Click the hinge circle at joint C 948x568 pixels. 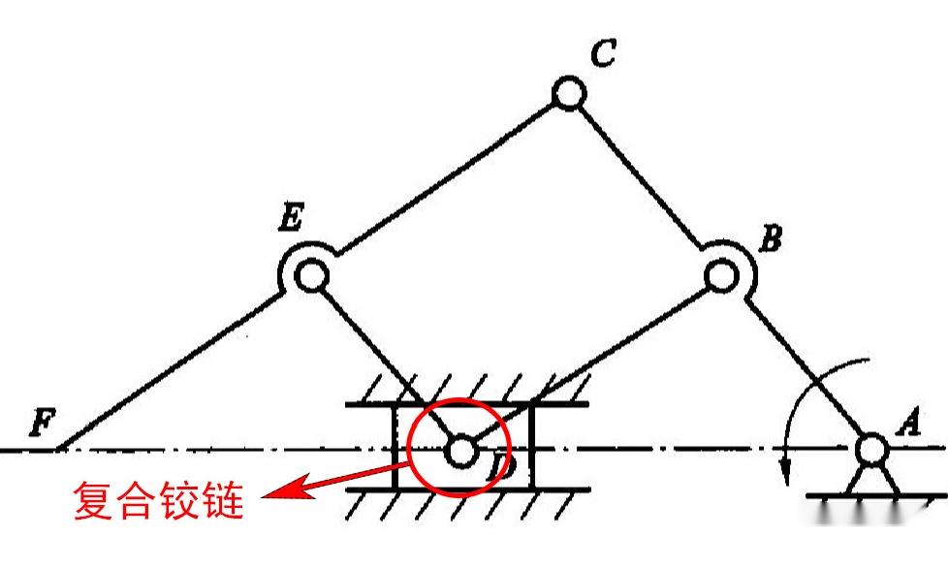coord(568,94)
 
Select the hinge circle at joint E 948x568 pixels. coord(310,276)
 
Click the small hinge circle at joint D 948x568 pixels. coord(459,451)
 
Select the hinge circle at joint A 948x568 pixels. coord(870,449)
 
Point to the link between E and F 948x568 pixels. coord(165,373)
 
